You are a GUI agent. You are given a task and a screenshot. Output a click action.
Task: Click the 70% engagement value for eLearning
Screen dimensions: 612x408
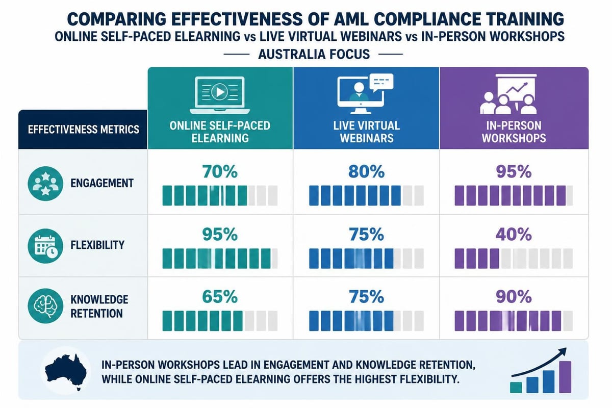click(220, 172)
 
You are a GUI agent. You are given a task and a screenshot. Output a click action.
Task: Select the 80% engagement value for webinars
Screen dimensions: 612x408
click(366, 172)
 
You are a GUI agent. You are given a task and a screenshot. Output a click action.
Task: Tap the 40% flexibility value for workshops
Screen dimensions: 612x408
click(514, 235)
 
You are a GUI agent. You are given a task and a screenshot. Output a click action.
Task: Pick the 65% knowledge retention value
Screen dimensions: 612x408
click(220, 297)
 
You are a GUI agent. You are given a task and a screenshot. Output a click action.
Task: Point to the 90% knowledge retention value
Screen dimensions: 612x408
click(514, 297)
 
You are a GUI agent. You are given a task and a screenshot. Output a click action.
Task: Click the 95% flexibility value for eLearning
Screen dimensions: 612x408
click(220, 235)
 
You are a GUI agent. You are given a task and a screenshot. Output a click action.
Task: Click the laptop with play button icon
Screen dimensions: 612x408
click(220, 95)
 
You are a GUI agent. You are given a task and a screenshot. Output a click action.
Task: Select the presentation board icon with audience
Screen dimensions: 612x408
click(508, 94)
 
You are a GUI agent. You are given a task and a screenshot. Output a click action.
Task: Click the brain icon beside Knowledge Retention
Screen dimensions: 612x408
click(45, 306)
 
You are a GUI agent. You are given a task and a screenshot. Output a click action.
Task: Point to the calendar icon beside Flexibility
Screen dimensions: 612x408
click(45, 246)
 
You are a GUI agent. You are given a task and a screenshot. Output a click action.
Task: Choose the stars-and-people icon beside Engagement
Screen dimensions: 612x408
click(45, 184)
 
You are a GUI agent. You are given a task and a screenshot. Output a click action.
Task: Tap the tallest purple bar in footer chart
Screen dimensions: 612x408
click(565, 377)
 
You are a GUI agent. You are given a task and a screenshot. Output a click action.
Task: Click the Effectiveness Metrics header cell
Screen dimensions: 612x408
click(83, 130)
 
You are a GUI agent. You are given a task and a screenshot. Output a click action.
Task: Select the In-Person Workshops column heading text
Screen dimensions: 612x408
click(514, 132)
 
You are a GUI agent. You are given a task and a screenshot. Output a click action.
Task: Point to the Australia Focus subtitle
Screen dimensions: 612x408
click(314, 54)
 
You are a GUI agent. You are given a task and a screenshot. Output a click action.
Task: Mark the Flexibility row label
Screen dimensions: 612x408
click(97, 245)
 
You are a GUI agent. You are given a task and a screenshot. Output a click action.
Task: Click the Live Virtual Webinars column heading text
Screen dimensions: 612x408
click(366, 132)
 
